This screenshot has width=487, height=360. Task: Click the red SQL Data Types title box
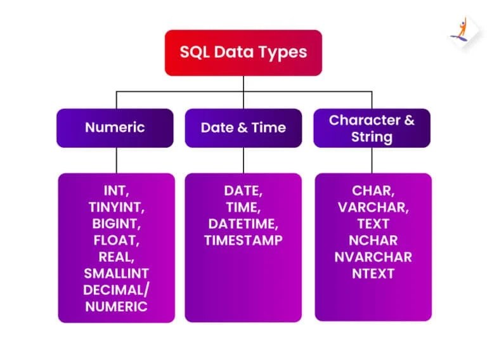pyautogui.click(x=243, y=52)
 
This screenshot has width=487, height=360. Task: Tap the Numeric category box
pyautogui.click(x=115, y=127)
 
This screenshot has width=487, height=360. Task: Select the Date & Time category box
pyautogui.click(x=243, y=127)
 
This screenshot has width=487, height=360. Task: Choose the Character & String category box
pyautogui.click(x=372, y=127)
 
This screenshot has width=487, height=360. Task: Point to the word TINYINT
pyautogui.click(x=116, y=207)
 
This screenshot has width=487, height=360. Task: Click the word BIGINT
pyautogui.click(x=116, y=223)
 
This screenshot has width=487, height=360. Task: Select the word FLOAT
pyautogui.click(x=116, y=240)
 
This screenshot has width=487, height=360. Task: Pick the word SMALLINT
pyautogui.click(x=116, y=273)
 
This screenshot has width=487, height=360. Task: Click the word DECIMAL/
pyautogui.click(x=116, y=290)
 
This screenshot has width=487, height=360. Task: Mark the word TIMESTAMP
pyautogui.click(x=243, y=240)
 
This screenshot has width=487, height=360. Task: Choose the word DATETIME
pyautogui.click(x=243, y=223)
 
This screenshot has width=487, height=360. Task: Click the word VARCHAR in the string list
pyautogui.click(x=373, y=207)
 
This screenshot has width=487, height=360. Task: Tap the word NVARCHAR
pyautogui.click(x=373, y=257)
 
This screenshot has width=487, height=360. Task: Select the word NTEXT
pyautogui.click(x=373, y=273)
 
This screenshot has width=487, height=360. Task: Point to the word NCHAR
pyautogui.click(x=373, y=240)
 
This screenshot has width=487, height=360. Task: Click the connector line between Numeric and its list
pyautogui.click(x=116, y=160)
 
